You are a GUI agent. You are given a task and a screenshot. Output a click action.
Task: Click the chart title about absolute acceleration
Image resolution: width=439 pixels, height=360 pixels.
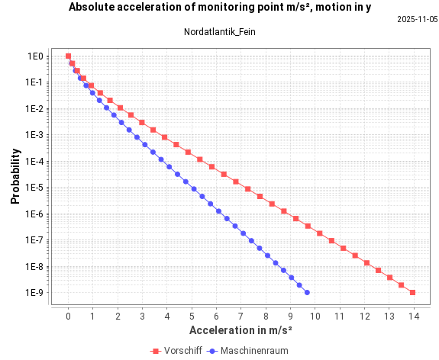(x=220, y=7)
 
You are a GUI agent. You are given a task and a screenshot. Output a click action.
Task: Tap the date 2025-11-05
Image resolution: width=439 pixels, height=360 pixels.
(x=417, y=20)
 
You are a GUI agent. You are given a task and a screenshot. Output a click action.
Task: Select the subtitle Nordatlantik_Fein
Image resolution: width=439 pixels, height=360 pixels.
(x=220, y=32)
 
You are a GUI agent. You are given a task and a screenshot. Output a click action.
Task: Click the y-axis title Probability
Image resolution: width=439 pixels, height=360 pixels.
(x=15, y=175)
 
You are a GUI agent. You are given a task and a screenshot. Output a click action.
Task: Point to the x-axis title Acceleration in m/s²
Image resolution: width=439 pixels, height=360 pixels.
(x=240, y=330)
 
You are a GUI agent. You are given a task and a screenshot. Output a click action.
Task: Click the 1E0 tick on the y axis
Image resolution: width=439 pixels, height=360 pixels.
(x=36, y=56)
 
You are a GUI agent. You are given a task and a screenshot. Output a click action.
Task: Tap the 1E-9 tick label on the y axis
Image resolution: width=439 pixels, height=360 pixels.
(x=34, y=293)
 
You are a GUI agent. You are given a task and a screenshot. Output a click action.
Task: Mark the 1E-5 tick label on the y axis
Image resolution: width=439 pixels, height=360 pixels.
(x=34, y=188)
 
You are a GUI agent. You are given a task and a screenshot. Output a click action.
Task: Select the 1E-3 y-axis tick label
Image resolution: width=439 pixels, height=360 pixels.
(x=34, y=135)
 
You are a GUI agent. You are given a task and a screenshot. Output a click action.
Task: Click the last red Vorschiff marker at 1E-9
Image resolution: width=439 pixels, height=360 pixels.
(x=412, y=292)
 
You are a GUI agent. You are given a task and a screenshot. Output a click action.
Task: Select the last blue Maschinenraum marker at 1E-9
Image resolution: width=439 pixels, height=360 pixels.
(x=307, y=292)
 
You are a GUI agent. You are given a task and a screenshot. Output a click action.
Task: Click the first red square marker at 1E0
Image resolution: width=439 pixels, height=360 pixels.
(x=68, y=56)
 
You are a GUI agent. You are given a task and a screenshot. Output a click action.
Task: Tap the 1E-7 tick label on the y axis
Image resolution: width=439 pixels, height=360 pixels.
(x=34, y=240)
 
